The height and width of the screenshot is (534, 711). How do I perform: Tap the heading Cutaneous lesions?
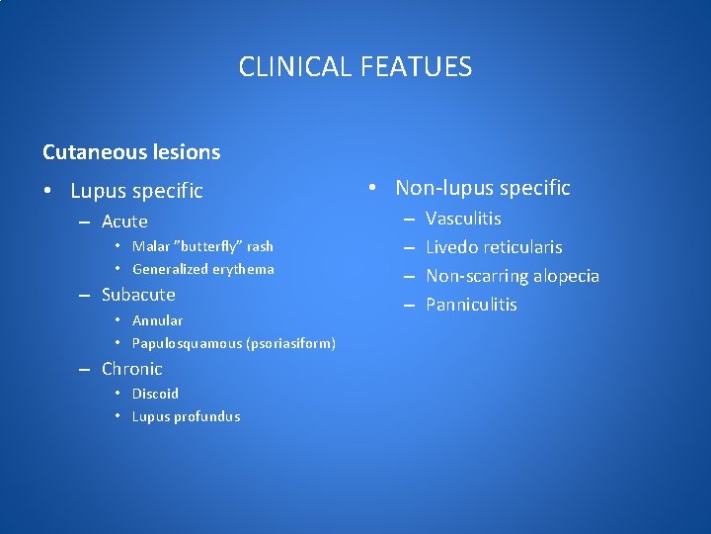131,152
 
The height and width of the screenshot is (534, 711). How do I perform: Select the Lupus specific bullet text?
136,190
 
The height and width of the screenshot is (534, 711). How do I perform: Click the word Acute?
124,222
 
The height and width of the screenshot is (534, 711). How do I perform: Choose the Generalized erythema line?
202,269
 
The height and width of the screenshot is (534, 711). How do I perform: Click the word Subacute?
138,295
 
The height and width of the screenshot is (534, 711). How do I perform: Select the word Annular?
157,320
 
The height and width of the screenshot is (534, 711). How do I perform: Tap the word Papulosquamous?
187,343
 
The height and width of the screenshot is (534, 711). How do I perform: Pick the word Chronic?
131,369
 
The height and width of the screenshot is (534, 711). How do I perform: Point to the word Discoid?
155,394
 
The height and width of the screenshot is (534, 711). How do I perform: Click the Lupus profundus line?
186,416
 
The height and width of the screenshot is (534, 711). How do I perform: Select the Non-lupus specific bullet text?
482,187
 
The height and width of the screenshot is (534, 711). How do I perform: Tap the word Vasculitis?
463,219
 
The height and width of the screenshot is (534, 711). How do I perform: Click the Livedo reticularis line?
494,247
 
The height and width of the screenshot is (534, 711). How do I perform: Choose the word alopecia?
562,276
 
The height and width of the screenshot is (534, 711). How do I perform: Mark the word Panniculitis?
471,305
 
